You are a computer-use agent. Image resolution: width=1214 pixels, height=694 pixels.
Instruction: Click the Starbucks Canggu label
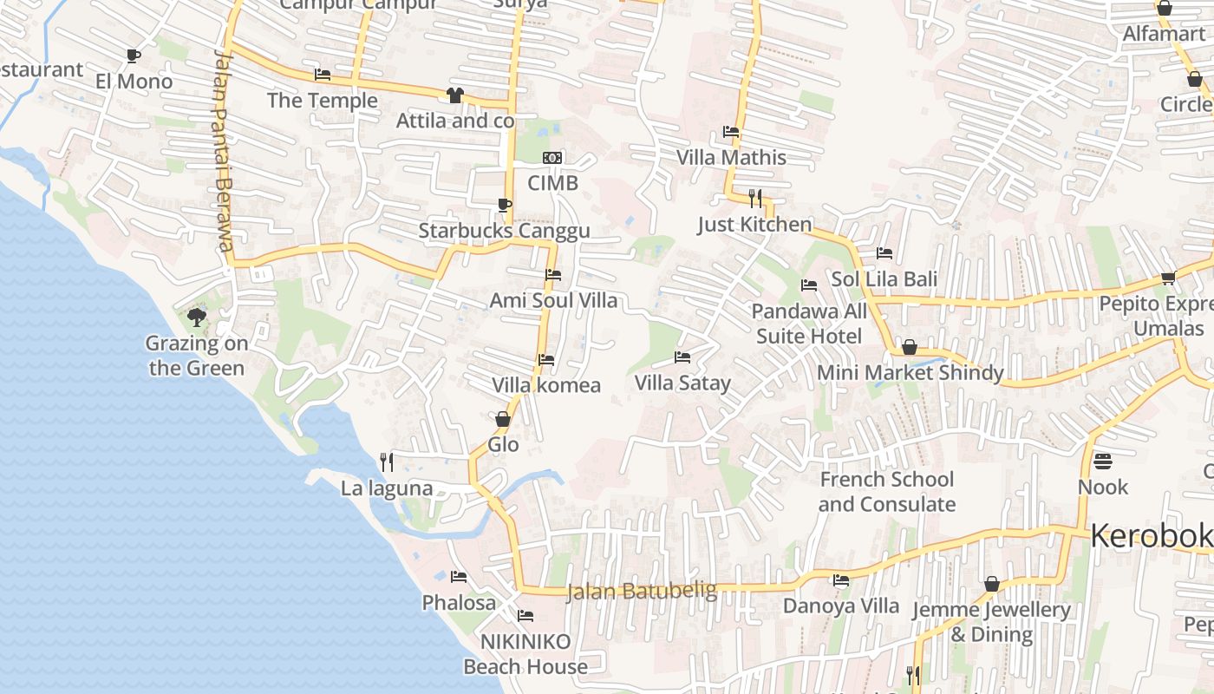tap(504, 231)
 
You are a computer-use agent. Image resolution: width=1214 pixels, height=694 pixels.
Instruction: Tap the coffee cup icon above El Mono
tap(133, 56)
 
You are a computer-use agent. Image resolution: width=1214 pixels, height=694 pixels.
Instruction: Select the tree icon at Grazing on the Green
tap(197, 318)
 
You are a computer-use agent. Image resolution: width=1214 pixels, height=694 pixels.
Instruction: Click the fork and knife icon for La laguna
tap(387, 462)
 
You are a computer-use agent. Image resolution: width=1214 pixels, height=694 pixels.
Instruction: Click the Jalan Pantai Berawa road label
tap(224, 149)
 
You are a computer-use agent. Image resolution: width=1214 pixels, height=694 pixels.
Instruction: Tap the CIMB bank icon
tap(552, 158)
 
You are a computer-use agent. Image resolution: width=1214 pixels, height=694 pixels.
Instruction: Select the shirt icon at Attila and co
tap(454, 95)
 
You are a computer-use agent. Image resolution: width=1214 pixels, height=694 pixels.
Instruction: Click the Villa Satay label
tap(682, 383)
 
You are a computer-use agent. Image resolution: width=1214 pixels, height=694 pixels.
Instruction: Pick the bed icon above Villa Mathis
tap(731, 133)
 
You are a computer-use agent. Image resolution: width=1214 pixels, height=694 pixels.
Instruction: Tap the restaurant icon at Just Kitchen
tap(755, 200)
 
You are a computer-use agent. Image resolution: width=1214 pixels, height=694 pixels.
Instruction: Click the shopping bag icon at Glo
tap(502, 420)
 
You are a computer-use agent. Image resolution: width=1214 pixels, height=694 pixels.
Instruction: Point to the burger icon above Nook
tap(1103, 461)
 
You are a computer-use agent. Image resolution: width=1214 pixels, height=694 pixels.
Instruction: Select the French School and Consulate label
tap(886, 492)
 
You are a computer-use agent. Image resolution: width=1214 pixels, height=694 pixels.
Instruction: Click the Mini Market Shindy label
tap(910, 373)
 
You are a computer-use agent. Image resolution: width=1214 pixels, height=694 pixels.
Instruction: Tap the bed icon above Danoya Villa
tap(840, 580)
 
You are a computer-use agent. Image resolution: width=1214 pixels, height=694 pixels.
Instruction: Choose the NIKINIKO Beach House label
tap(525, 654)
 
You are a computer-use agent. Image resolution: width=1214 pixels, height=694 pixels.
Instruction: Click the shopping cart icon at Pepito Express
tap(1168, 278)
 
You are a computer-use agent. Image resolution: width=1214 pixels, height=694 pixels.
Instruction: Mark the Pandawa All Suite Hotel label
tap(809, 324)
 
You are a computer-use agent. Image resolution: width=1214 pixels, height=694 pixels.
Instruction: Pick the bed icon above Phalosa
tap(459, 577)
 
